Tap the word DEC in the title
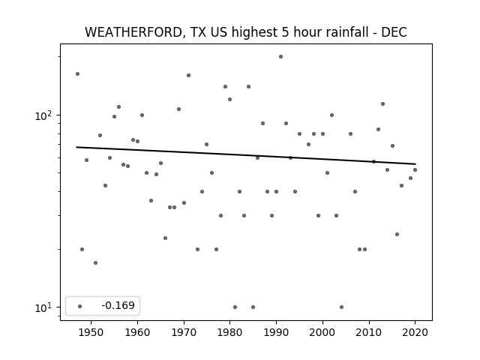(x=394, y=32)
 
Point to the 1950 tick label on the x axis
(x=91, y=332)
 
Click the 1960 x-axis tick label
(x=137, y=332)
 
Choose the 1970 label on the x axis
(x=184, y=332)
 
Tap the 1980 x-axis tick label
(x=230, y=332)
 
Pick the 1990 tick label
(x=276, y=332)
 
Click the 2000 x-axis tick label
(x=322, y=332)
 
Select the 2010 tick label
(x=369, y=332)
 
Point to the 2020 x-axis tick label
(x=415, y=332)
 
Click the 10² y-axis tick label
(x=45, y=115)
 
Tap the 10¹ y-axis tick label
(x=45, y=307)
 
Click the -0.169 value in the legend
(x=118, y=305)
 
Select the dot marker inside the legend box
(x=80, y=306)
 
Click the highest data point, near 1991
(x=280, y=57)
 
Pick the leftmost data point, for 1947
(x=77, y=73)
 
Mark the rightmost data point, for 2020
(x=415, y=170)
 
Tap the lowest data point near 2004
(x=342, y=307)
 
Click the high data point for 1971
(x=188, y=75)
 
